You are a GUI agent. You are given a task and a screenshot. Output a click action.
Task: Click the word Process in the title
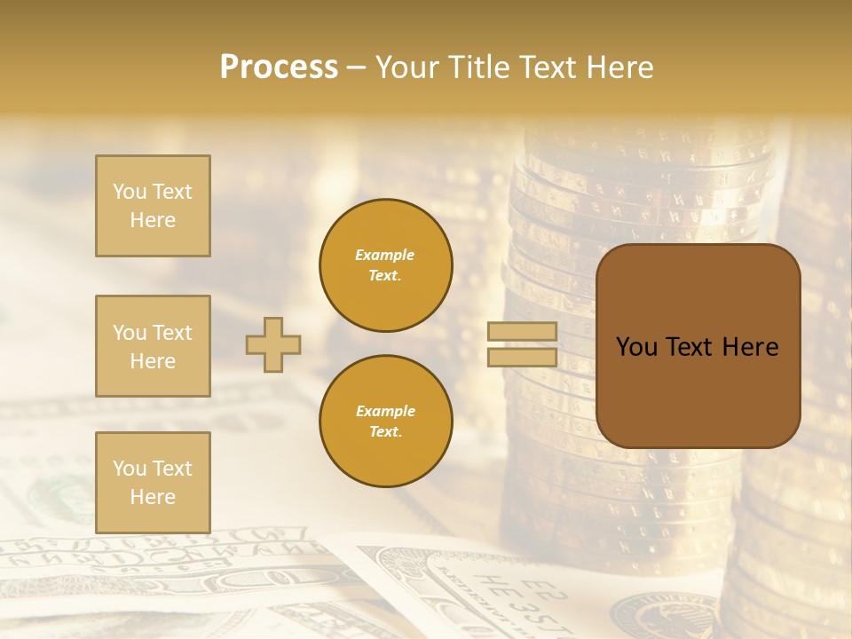[x=279, y=67]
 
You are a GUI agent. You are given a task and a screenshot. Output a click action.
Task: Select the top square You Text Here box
[x=153, y=206]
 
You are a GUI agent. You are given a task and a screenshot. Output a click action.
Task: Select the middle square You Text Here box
[x=153, y=346]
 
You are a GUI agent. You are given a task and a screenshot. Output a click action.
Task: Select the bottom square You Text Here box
[x=153, y=483]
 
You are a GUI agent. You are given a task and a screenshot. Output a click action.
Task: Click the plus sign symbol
[x=273, y=344]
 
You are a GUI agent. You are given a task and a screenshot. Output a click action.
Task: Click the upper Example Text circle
[x=386, y=265]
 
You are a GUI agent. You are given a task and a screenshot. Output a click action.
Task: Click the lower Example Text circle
[x=386, y=422]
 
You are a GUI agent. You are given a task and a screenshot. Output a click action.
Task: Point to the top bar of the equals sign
[x=522, y=332]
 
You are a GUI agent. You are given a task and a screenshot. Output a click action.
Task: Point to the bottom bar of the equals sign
[x=522, y=357]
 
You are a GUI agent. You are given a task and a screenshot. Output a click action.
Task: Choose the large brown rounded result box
[x=698, y=345]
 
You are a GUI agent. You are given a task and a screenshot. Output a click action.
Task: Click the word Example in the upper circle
[x=385, y=255]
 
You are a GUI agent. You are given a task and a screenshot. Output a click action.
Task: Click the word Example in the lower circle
[x=385, y=411]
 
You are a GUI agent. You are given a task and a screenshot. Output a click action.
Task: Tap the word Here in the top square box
[x=153, y=220]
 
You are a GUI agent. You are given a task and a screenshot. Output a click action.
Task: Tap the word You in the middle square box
[x=129, y=333]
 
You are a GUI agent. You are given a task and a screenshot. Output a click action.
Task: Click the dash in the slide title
[x=357, y=67]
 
